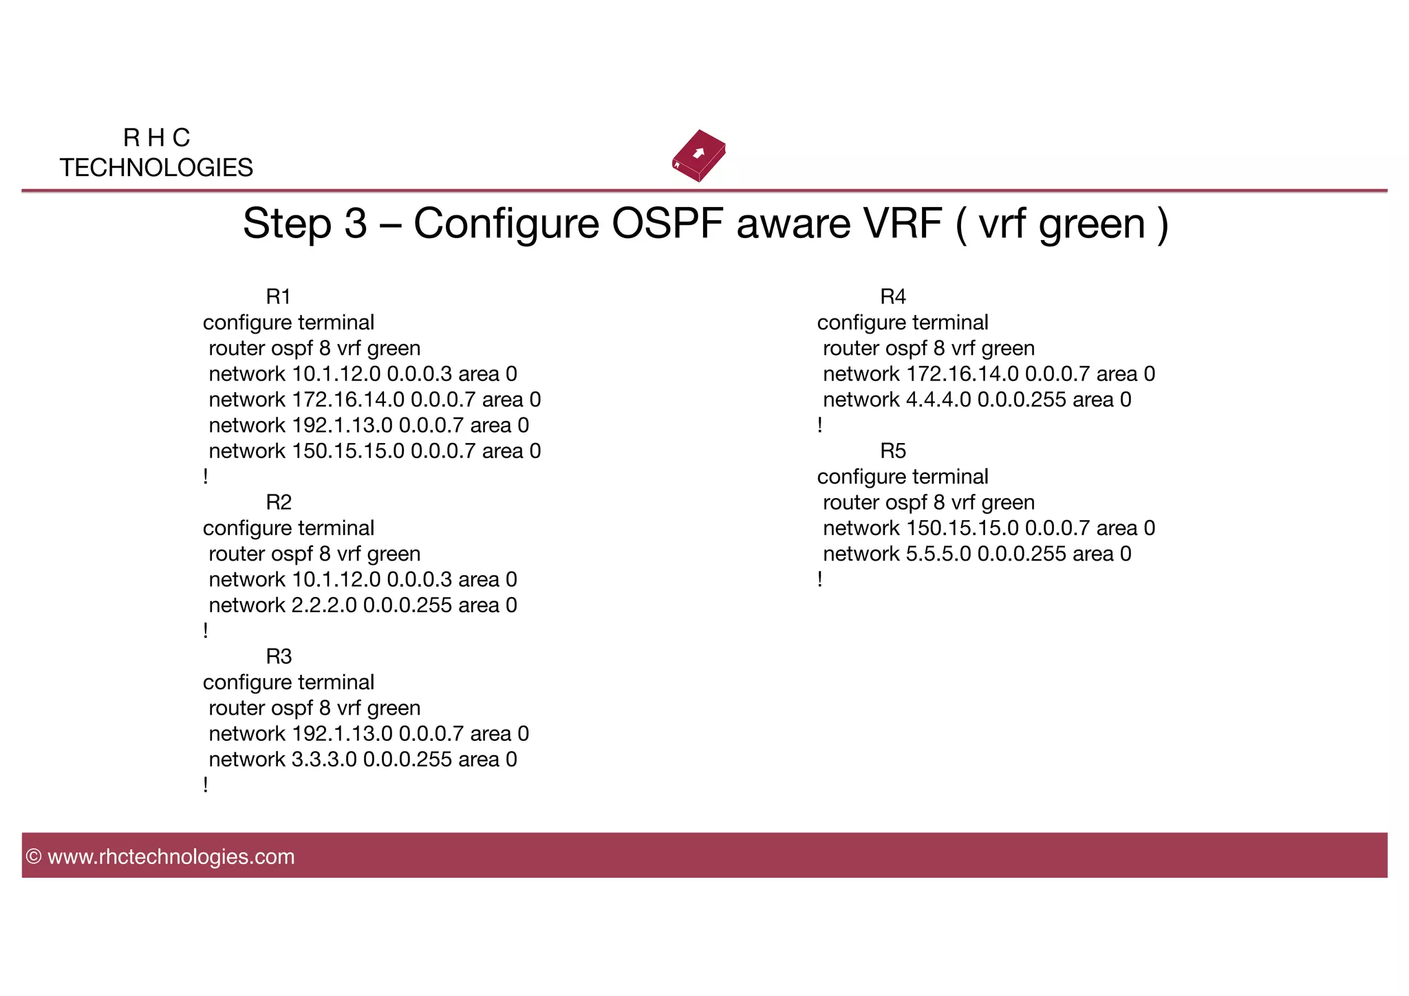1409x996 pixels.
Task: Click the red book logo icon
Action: click(699, 155)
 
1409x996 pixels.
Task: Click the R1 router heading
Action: click(278, 297)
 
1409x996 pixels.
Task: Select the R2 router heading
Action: click(279, 502)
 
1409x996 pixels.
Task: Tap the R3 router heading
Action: click(279, 656)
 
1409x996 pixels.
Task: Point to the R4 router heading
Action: click(893, 297)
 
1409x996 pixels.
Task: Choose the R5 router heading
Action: click(893, 451)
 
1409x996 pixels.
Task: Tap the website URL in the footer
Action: click(171, 856)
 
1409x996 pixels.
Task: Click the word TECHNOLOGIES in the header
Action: click(156, 168)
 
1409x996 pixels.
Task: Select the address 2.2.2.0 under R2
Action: click(324, 605)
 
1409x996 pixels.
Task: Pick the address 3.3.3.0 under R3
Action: click(324, 759)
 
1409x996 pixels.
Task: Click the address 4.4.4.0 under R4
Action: click(938, 400)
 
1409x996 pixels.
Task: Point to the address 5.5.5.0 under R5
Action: click(938, 554)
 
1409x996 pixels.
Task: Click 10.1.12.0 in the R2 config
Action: click(336, 580)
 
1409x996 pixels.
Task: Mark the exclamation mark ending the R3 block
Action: click(206, 785)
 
